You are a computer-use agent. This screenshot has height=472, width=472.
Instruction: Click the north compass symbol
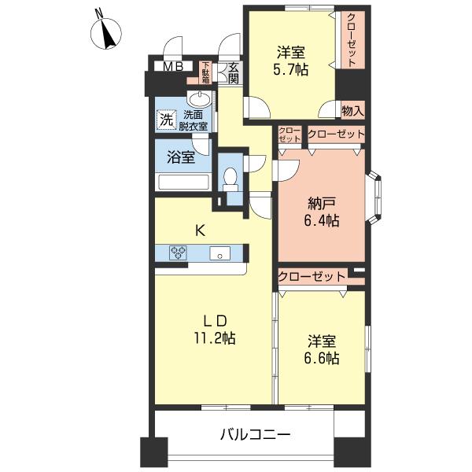[106, 32]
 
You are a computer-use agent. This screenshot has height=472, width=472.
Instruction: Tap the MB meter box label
[173, 67]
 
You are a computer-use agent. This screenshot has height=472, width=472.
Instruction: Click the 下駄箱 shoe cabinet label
[206, 72]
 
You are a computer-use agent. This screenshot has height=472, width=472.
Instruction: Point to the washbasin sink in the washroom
[199, 99]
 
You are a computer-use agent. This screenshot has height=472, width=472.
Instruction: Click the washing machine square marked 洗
[166, 120]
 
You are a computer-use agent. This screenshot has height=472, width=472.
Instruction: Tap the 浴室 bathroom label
[181, 157]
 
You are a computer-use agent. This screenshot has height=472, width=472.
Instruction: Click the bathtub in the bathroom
[183, 182]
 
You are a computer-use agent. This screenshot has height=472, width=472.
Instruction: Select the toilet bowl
[230, 179]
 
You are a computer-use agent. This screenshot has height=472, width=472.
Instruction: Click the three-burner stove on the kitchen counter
[179, 253]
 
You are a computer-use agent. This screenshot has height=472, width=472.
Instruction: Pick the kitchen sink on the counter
[220, 253]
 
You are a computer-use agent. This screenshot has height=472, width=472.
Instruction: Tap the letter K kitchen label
[201, 230]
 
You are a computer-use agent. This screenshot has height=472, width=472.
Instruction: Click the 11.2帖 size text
[214, 338]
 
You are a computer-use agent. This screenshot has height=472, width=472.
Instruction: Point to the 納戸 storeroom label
[322, 204]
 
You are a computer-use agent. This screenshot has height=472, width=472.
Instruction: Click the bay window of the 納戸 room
[374, 197]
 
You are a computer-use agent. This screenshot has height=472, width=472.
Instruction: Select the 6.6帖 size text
[322, 359]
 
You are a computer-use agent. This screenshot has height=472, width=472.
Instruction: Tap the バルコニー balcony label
[255, 434]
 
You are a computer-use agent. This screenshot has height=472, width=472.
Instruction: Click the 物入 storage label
[352, 111]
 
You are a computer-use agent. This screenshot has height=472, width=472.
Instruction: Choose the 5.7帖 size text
[290, 70]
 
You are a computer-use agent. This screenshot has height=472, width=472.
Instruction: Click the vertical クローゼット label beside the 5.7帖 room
[351, 40]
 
